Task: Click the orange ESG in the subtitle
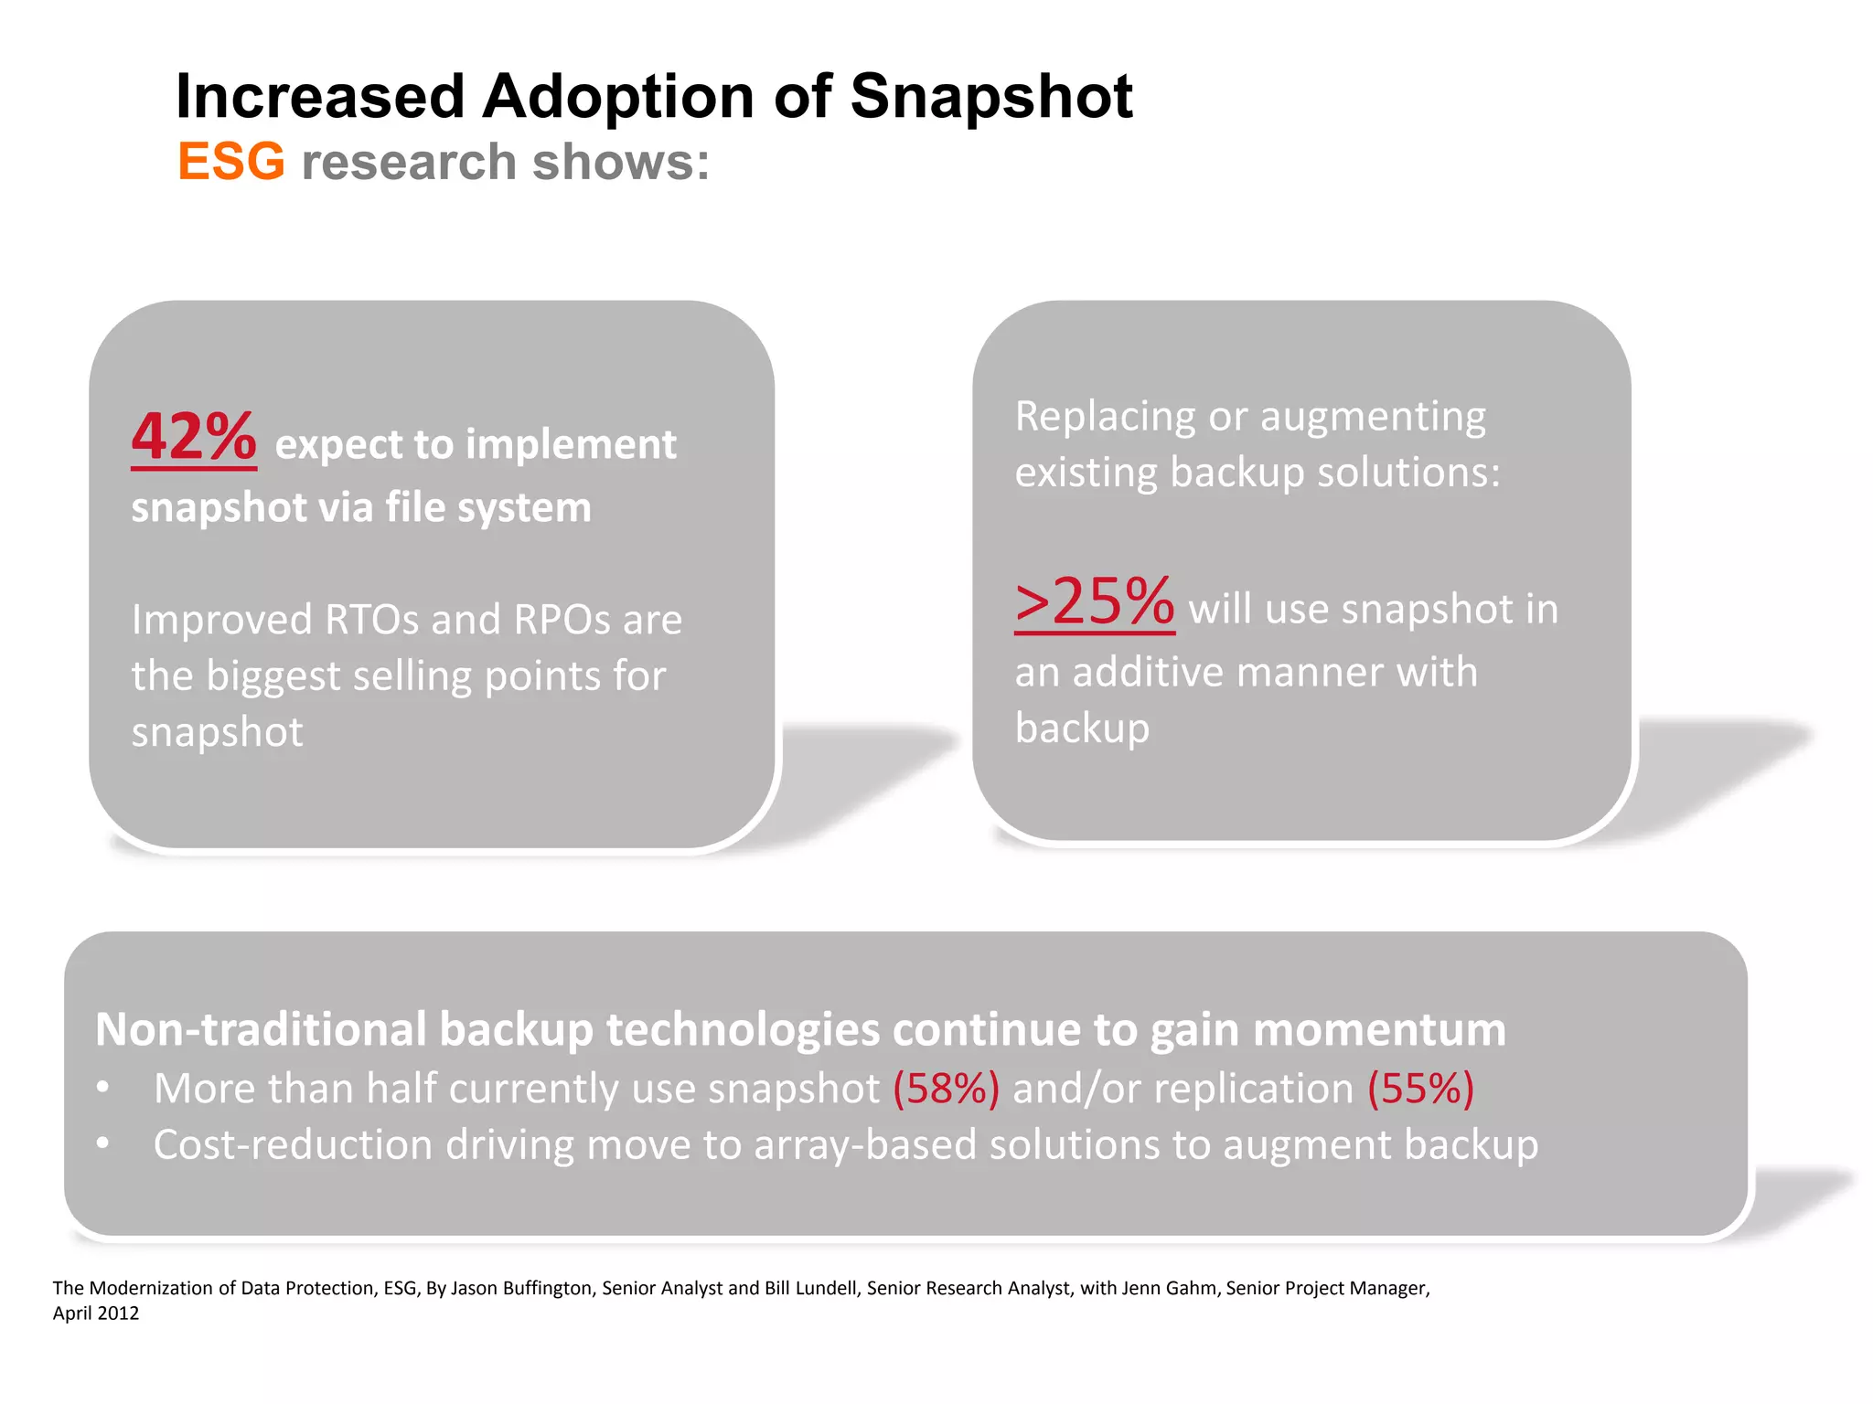(230, 162)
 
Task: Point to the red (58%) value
(946, 1089)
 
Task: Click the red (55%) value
(1420, 1089)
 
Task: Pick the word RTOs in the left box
(371, 620)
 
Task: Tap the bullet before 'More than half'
(103, 1087)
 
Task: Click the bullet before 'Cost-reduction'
(103, 1143)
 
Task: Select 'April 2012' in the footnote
(96, 1314)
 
